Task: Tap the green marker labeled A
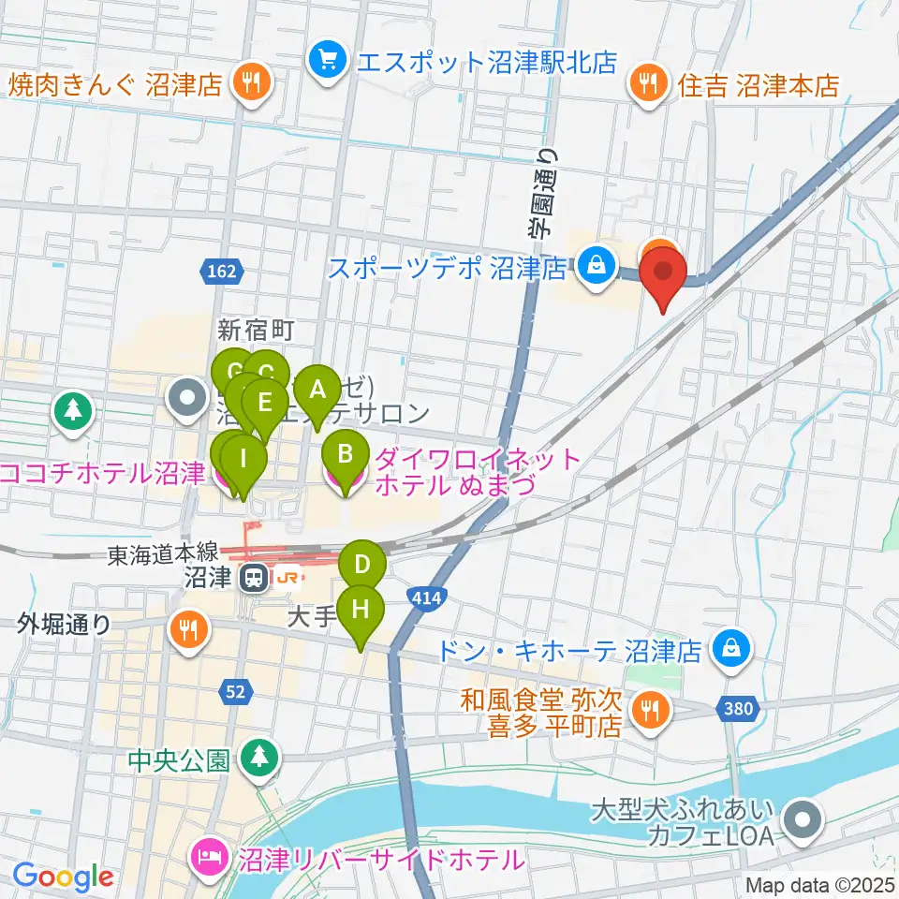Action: (317, 389)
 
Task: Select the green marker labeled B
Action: (345, 456)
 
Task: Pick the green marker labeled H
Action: (361, 610)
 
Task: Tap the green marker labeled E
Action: (265, 404)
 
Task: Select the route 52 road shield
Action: (236, 692)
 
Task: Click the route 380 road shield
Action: (739, 709)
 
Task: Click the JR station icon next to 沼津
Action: (252, 578)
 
